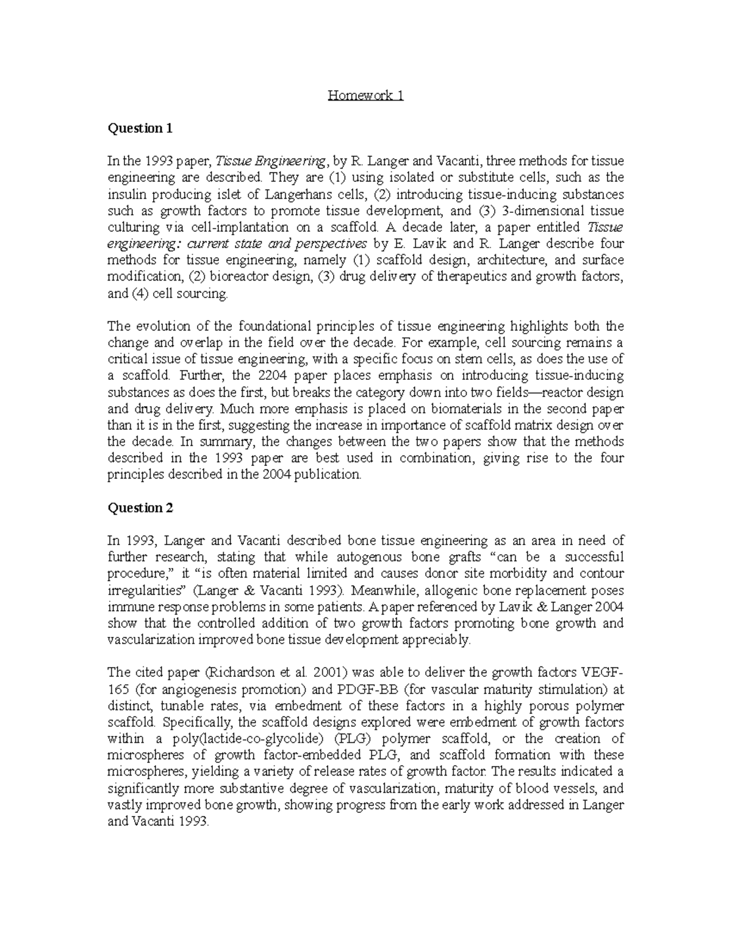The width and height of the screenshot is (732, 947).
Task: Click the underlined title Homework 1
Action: (365, 96)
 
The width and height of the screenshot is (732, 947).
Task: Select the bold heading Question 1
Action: (140, 128)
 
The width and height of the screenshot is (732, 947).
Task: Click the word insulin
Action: (126, 195)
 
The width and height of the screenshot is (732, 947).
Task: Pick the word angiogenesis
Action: (201, 690)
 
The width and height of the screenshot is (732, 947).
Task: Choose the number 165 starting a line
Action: (118, 690)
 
